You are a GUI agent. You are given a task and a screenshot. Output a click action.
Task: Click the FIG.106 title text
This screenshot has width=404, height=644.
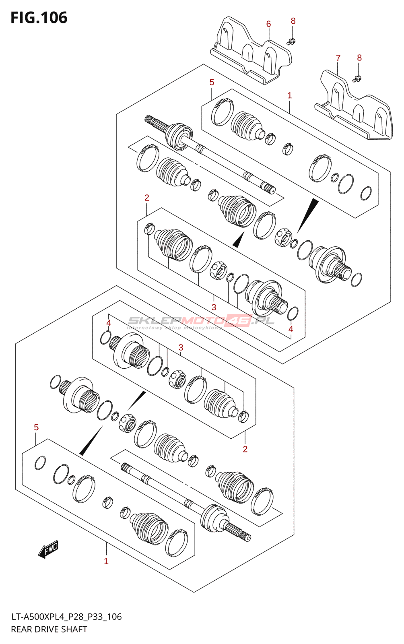(x=39, y=18)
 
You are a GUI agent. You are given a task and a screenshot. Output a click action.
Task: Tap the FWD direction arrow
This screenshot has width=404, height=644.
(x=49, y=549)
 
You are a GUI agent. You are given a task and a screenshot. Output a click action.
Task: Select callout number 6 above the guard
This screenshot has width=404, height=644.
(x=268, y=24)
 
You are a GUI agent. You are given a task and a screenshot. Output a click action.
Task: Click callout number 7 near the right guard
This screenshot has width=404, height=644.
(x=338, y=58)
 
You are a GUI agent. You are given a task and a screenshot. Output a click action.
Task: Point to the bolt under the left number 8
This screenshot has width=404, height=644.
(x=291, y=41)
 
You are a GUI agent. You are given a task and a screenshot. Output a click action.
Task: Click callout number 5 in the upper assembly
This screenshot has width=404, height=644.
(x=212, y=82)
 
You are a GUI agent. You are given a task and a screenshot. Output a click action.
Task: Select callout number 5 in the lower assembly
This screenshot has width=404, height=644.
(x=36, y=427)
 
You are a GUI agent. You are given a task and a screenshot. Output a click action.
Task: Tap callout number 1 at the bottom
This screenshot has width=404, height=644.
(x=106, y=561)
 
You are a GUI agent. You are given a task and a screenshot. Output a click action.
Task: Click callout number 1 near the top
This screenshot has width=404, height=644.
(x=289, y=95)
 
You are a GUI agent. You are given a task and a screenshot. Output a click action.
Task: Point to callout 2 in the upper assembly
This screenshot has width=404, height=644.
(x=147, y=198)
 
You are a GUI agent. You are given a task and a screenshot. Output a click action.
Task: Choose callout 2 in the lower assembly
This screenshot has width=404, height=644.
(x=245, y=449)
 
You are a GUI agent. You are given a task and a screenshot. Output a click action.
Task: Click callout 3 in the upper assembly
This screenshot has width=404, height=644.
(x=214, y=307)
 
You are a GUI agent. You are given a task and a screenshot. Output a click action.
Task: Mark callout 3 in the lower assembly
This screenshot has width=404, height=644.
(x=181, y=347)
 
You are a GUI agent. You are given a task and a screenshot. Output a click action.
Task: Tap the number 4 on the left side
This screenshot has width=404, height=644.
(x=108, y=323)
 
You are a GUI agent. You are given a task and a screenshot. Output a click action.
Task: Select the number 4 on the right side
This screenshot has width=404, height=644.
(x=291, y=329)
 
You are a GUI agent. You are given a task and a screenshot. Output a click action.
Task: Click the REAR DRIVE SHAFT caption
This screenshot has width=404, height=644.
(x=49, y=630)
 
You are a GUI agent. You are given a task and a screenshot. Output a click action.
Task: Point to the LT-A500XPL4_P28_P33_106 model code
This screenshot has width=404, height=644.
(x=66, y=617)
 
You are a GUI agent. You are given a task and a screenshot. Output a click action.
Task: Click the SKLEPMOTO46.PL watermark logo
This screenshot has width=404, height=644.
(x=201, y=321)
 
